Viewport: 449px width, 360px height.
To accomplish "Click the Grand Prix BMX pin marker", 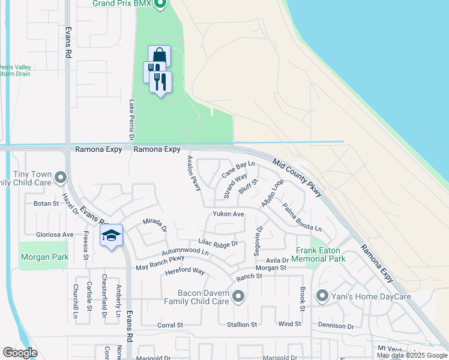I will coord(159,5).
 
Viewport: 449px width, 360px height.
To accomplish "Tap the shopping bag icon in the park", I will coord(160,56).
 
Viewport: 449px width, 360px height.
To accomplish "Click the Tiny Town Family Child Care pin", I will coord(60,177).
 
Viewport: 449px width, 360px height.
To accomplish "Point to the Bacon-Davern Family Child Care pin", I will coord(239,296).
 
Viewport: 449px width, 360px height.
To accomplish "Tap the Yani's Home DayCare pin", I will coord(322,296).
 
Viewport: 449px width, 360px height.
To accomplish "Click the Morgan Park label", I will coord(44,257).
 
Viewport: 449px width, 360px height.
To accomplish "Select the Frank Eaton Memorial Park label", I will coord(320,254).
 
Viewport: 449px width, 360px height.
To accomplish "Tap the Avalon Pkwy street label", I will coord(193,174).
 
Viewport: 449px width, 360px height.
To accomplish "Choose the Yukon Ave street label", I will coord(228,214).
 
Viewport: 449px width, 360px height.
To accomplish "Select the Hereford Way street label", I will coord(184,271).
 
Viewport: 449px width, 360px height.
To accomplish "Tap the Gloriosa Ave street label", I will coord(55,235).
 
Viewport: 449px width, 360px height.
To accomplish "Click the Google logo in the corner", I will coord(20,353).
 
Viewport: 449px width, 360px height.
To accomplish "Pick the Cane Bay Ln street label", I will coord(238,169).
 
